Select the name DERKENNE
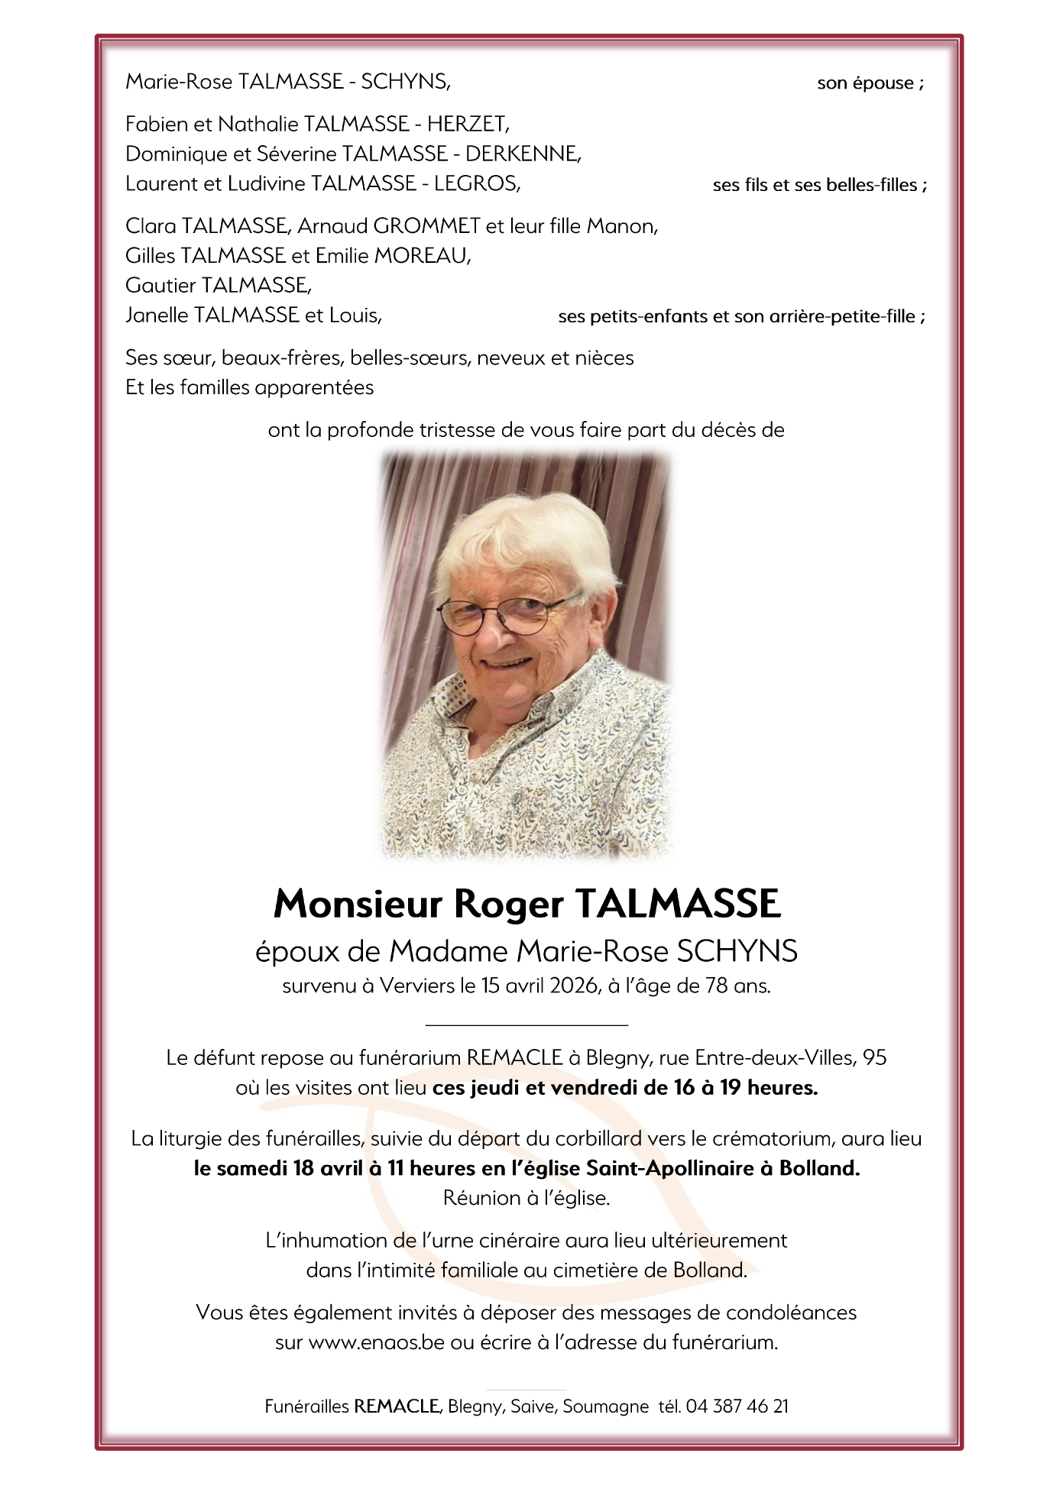coord(523,154)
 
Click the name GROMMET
coord(426,226)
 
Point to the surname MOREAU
coord(422,256)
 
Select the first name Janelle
coord(157,316)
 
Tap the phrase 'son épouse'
coord(865,83)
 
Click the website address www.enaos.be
coord(376,1342)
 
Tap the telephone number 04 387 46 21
coord(737,1406)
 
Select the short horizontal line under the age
coord(526,1024)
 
